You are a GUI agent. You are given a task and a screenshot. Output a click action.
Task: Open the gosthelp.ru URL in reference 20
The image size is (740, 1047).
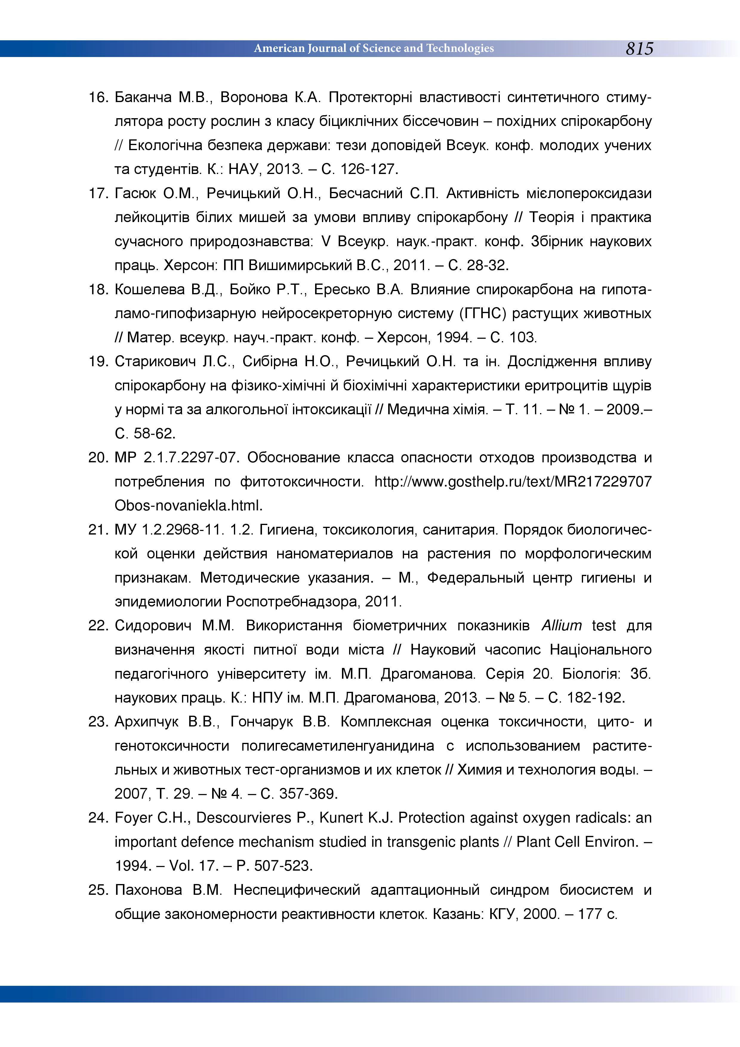point(513,481)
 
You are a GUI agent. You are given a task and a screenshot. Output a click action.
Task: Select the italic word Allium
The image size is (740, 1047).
point(561,626)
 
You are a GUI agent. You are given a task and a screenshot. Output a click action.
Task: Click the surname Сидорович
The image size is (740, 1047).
point(153,626)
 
